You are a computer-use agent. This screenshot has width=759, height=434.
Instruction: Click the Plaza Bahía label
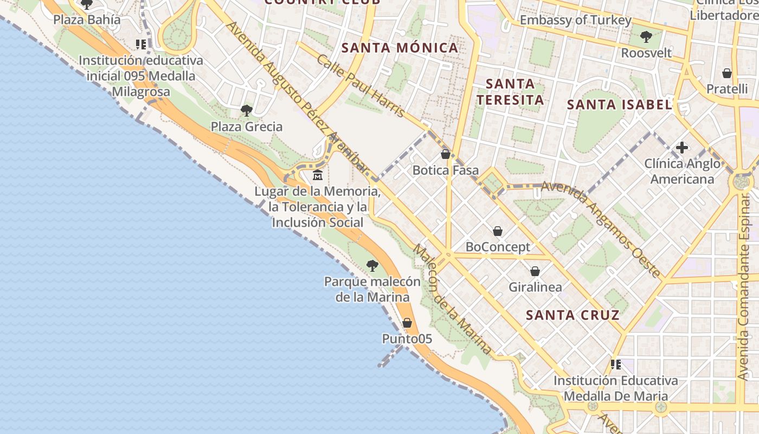[87, 20]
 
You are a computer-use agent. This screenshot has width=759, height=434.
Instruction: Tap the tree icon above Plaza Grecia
[247, 111]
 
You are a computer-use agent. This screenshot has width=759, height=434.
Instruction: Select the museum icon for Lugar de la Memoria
[318, 175]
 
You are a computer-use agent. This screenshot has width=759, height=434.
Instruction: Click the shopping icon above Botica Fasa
[446, 155]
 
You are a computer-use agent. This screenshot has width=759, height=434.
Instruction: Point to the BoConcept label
[498, 247]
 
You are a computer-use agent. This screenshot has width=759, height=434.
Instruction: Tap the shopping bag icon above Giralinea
[535, 271]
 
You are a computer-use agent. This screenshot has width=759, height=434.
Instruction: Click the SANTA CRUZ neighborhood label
[573, 315]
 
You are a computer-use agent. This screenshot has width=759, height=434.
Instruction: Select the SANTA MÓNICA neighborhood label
[400, 48]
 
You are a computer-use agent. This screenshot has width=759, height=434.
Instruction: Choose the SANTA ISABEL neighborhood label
[620, 105]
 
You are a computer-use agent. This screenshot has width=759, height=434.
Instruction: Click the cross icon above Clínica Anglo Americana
[682, 147]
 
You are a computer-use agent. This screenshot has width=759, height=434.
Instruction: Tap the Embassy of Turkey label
[576, 21]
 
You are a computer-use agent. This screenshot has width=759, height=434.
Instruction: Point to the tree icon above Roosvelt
[646, 37]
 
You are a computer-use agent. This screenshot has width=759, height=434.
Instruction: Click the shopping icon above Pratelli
[727, 73]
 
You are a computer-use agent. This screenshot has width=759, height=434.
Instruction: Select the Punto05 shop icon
[407, 323]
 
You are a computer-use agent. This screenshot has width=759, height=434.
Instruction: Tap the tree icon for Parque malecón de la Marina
[372, 265]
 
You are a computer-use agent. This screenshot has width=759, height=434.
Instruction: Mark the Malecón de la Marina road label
[453, 299]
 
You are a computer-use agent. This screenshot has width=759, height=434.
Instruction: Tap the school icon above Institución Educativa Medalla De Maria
[615, 365]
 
